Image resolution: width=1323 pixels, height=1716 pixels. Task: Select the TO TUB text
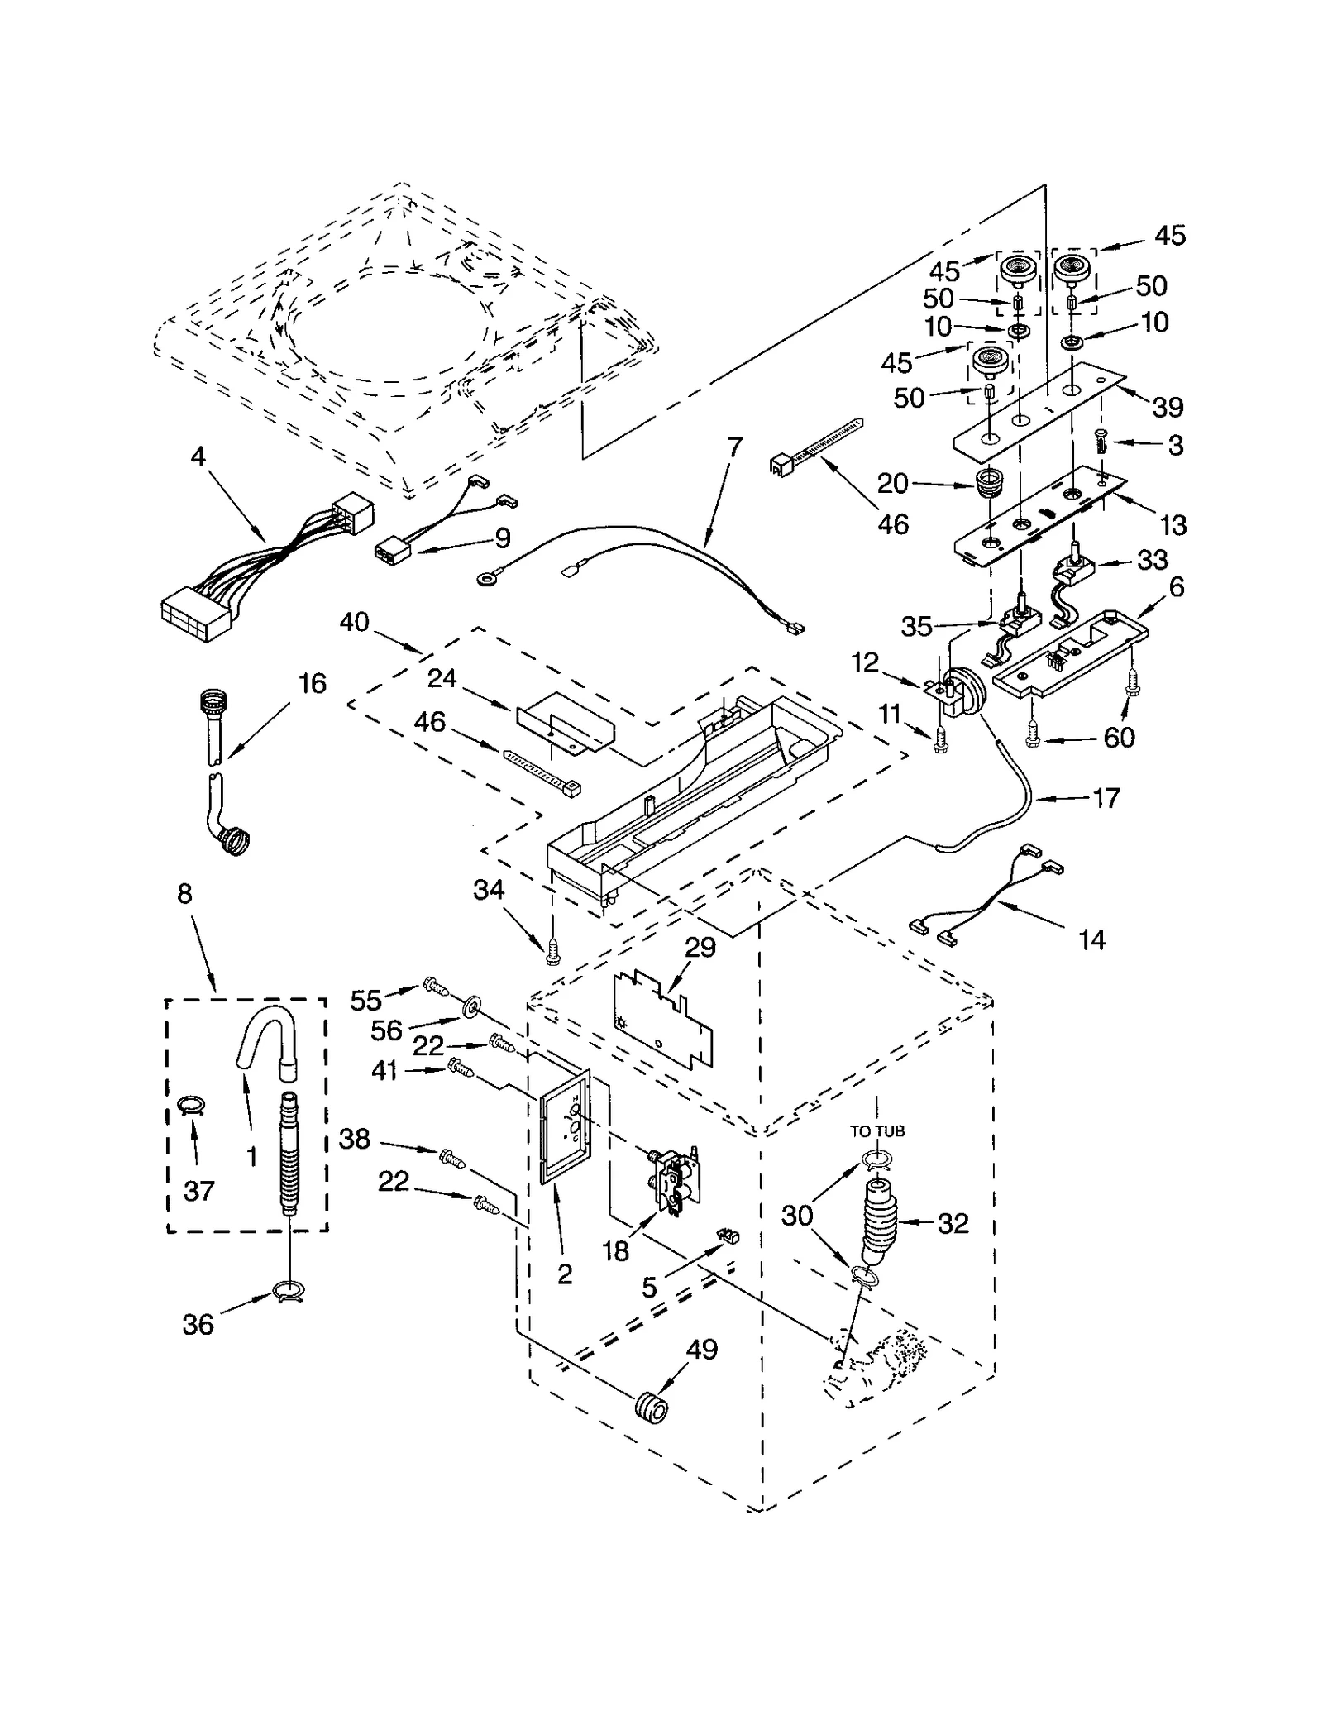click(x=877, y=1130)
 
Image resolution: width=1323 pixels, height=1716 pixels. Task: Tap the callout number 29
click(x=700, y=947)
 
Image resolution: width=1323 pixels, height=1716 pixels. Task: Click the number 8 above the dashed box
click(x=184, y=894)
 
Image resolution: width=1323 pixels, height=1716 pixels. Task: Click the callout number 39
click(x=1168, y=407)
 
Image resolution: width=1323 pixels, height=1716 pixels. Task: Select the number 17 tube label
click(x=1106, y=798)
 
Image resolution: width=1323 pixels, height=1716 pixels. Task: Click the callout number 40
click(x=354, y=622)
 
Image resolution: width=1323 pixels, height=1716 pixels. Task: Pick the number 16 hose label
click(x=312, y=683)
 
